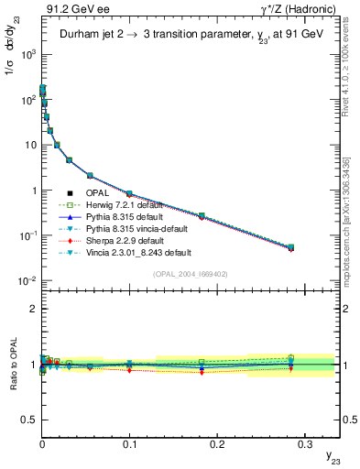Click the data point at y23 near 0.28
[x=290, y=247]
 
